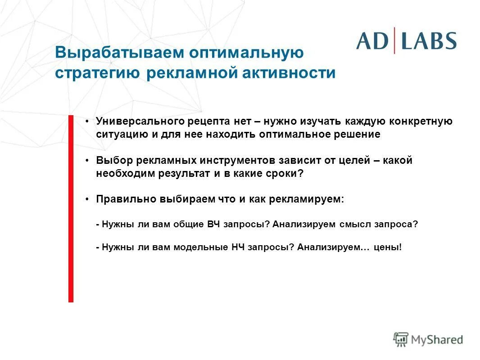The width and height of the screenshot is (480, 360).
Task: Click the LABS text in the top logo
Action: [x=429, y=41]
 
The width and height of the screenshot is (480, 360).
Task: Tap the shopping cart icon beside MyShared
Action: [x=400, y=339]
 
